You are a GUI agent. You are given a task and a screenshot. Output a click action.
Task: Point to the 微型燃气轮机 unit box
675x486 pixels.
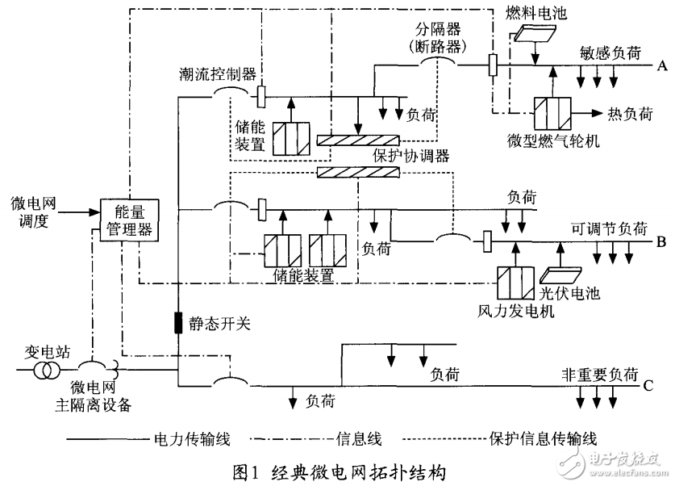click(552, 113)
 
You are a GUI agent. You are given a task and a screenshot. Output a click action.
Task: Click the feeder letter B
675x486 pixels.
click(661, 241)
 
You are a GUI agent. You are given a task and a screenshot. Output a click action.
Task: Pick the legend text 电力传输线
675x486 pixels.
click(192, 439)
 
